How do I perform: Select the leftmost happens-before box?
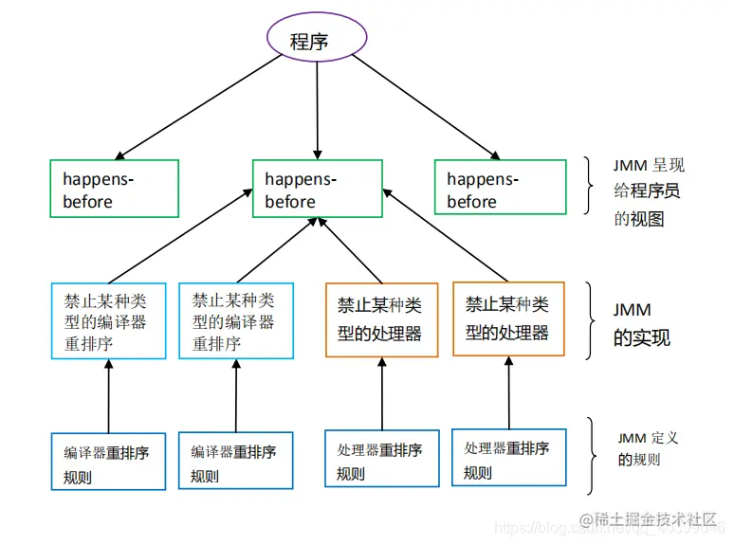(x=114, y=190)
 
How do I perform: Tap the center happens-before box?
(x=317, y=190)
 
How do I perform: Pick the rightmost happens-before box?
(x=500, y=190)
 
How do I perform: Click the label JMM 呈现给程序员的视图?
(x=649, y=192)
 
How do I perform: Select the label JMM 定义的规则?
(x=649, y=449)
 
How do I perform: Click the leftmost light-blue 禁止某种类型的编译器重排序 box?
(x=108, y=320)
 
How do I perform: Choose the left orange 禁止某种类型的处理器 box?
(x=381, y=319)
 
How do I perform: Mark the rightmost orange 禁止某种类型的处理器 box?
(x=509, y=318)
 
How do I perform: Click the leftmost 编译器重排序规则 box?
(x=108, y=462)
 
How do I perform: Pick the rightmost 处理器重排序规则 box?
(x=509, y=459)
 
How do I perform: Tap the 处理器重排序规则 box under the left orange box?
(x=381, y=459)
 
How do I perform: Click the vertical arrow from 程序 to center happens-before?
(x=317, y=104)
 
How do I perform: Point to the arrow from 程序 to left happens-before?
(x=199, y=104)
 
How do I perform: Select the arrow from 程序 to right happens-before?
(x=427, y=104)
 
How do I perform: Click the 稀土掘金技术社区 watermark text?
(x=655, y=519)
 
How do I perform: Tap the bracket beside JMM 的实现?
(x=590, y=321)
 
